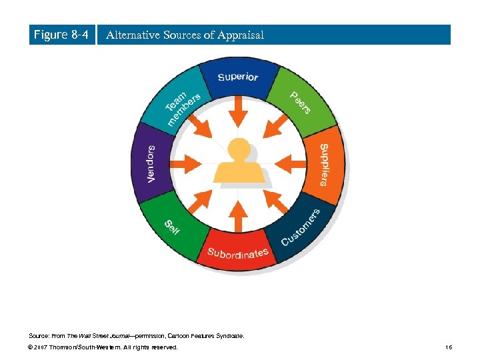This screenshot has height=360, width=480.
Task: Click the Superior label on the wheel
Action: (238, 77)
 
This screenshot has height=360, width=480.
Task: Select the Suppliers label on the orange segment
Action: (323, 164)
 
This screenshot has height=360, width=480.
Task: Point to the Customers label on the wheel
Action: (301, 227)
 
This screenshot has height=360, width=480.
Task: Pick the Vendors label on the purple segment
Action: (151, 164)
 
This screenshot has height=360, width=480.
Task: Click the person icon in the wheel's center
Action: (238, 163)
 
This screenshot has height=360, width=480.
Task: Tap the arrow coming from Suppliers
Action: (286, 162)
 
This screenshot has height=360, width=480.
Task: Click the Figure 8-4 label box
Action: (61, 35)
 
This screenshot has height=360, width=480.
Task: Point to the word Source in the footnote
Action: (38, 336)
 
